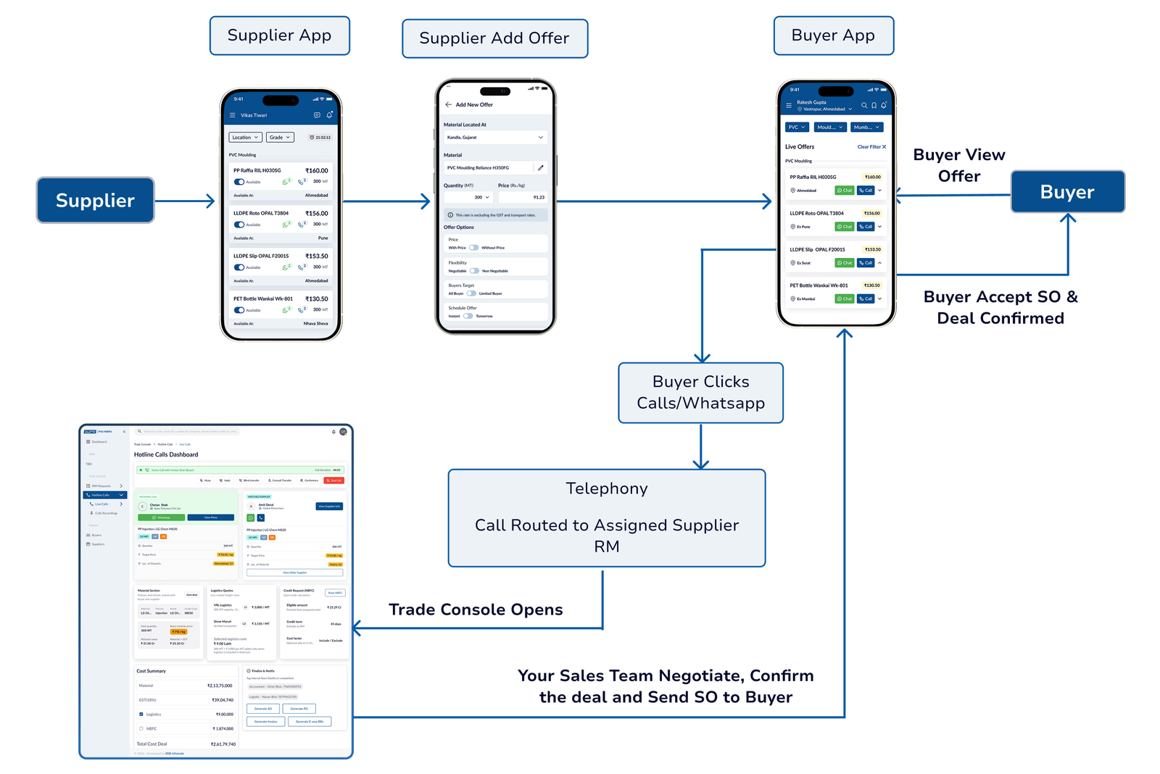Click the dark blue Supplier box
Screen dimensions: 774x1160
[95, 201]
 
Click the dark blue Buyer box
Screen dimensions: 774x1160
[1067, 192]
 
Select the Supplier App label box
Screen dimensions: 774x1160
[279, 36]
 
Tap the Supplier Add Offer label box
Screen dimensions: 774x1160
[494, 38]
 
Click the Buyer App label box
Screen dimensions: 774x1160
[833, 36]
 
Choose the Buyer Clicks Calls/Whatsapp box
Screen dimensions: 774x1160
[700, 392]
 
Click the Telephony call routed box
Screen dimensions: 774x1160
[607, 517]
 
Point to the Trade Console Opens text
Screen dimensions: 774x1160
[476, 609]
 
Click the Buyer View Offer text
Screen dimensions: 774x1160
[958, 165]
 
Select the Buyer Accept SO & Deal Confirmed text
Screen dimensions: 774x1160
[1000, 307]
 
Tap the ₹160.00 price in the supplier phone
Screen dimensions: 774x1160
[316, 171]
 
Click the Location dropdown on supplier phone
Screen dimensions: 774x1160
[245, 137]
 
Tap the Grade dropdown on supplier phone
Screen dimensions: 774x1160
[280, 137]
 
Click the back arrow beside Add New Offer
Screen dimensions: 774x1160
[448, 104]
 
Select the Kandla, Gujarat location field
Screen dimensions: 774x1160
[494, 137]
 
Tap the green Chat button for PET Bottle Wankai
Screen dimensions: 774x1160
[844, 299]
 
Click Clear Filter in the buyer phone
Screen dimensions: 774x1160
[871, 146]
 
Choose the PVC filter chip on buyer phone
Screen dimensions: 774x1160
[797, 127]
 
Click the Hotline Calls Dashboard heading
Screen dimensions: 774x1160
[166, 454]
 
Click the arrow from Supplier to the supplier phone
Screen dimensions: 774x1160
[185, 201]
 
